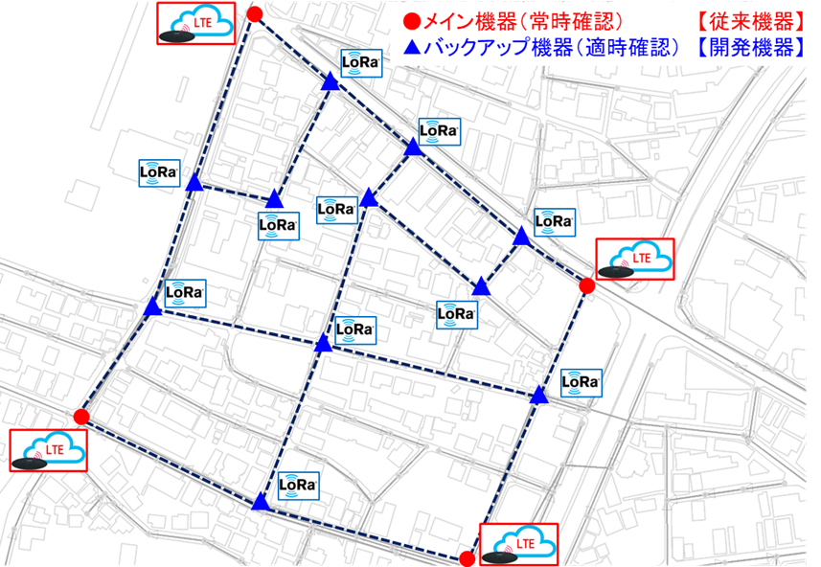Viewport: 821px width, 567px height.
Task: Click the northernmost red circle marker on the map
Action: pyautogui.click(x=255, y=13)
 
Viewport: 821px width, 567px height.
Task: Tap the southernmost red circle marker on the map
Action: pyautogui.click(x=467, y=558)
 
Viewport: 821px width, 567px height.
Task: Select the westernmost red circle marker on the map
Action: pyautogui.click(x=81, y=417)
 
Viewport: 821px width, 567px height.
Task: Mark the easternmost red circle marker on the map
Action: pyautogui.click(x=587, y=285)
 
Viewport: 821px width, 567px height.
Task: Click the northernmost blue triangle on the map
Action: pyautogui.click(x=331, y=84)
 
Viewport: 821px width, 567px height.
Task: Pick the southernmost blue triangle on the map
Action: pyautogui.click(x=260, y=502)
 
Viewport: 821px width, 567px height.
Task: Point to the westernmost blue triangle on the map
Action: pyautogui.click(x=152, y=307)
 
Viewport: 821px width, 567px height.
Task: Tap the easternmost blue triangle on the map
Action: pyautogui.click(x=539, y=395)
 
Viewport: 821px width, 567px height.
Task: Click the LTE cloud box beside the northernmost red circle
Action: pyautogui.click(x=196, y=24)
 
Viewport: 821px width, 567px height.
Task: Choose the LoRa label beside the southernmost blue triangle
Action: pyautogui.click(x=298, y=485)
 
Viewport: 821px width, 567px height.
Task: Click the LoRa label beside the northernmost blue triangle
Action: pyautogui.click(x=362, y=64)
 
